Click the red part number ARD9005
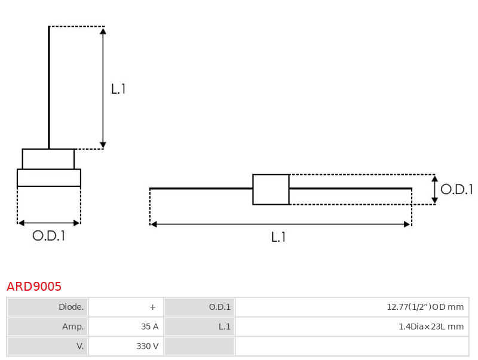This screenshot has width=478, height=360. (34, 287)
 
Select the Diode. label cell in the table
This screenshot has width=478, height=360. (48, 307)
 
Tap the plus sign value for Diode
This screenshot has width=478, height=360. (153, 307)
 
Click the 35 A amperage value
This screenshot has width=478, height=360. (150, 327)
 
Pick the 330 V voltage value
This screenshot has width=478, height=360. (147, 346)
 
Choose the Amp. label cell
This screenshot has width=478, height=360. (48, 327)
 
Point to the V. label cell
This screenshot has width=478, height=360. (48, 346)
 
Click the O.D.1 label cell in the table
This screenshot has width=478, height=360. (200, 307)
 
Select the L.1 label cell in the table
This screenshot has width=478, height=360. (200, 327)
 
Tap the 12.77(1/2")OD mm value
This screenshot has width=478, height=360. (425, 307)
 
